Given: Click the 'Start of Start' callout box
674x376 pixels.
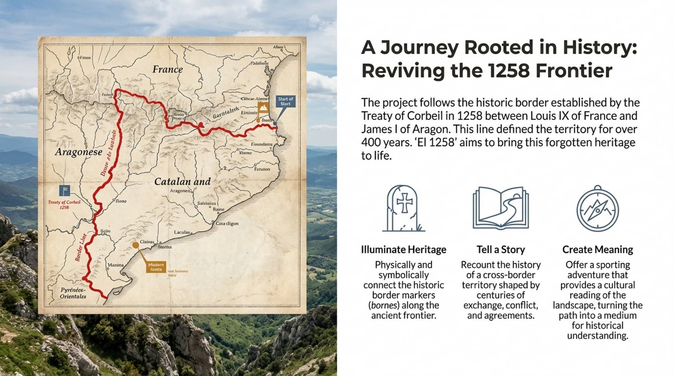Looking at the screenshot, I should pyautogui.click(x=285, y=101).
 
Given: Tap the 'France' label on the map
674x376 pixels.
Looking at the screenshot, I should pyautogui.click(x=168, y=69).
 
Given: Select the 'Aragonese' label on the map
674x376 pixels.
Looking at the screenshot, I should pyautogui.click(x=79, y=152).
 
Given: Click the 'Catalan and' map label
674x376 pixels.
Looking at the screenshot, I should pyautogui.click(x=182, y=181).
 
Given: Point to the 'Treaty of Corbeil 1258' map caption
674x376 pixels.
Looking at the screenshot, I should pyautogui.click(x=64, y=205).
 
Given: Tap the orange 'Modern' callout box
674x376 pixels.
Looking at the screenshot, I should pyautogui.click(x=156, y=267).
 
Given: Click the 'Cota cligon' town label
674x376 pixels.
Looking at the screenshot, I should pyautogui.click(x=227, y=224).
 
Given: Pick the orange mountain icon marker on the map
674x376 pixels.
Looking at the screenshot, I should pyautogui.click(x=263, y=107).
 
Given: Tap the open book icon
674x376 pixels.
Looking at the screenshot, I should pyautogui.click(x=500, y=208).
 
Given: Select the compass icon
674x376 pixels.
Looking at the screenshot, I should pyautogui.click(x=597, y=208).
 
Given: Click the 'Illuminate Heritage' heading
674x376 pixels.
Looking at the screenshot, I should pyautogui.click(x=404, y=250).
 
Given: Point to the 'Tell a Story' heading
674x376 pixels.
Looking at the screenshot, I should pyautogui.click(x=500, y=250).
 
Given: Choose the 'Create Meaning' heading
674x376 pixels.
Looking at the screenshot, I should pyautogui.click(x=597, y=250).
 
